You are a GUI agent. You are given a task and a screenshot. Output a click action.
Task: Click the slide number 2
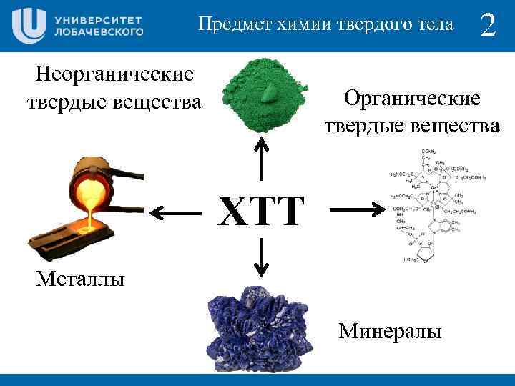488,26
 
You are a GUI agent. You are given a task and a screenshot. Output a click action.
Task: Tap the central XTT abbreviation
260,212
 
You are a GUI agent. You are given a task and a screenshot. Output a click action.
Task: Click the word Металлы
80,277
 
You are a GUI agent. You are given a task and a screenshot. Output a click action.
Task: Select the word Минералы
391,331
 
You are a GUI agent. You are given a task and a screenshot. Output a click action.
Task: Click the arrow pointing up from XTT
262,159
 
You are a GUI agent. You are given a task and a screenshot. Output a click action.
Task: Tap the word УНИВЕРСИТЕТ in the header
98,19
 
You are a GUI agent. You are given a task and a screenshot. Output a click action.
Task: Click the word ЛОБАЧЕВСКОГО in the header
98,32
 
